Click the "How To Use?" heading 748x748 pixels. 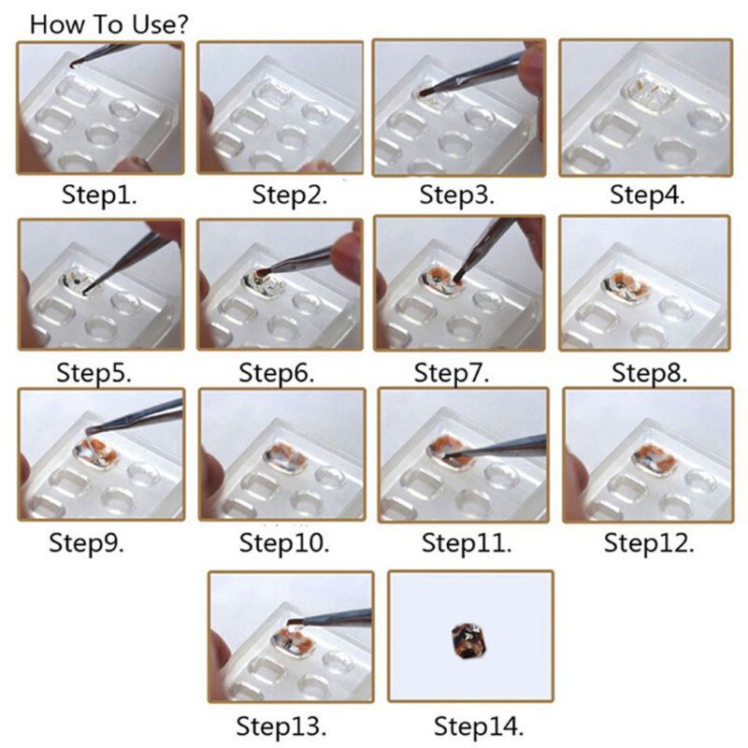(109, 23)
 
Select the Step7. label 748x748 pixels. (453, 371)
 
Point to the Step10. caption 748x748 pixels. (281, 542)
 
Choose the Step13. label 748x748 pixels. (281, 726)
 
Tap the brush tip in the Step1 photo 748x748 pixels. (75, 64)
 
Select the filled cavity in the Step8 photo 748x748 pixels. (620, 282)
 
